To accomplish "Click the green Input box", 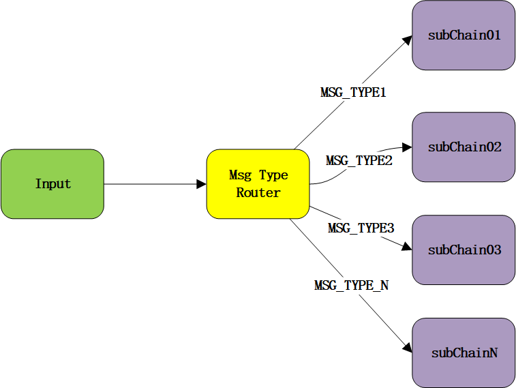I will click(x=52, y=184).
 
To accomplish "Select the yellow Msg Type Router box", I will click(x=258, y=184).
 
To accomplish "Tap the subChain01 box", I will click(x=464, y=35).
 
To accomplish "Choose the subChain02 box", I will click(x=464, y=147).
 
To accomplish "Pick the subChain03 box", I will click(x=464, y=250).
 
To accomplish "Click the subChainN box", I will click(x=464, y=353).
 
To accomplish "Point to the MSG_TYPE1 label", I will click(x=353, y=93).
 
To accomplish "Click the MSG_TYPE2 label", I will click(x=359, y=161).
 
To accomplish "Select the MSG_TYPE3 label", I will click(x=361, y=228).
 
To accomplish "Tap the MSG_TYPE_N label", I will click(x=351, y=286).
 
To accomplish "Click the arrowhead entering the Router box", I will click(x=202, y=184).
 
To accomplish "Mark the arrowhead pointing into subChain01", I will click(x=408, y=40).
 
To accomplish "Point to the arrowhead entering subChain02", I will click(x=408, y=147).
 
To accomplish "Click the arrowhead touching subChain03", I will click(x=408, y=248).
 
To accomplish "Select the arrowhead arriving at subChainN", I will click(x=408, y=348).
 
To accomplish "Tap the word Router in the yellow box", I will click(x=258, y=193).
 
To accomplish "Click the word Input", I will click(x=52, y=184).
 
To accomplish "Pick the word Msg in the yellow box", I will click(x=241, y=175).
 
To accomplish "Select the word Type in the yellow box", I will click(x=273, y=175).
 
